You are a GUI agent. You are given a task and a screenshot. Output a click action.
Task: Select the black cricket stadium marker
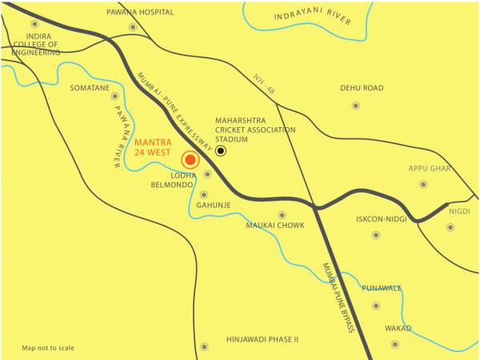221,150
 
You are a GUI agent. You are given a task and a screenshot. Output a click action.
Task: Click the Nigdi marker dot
450,227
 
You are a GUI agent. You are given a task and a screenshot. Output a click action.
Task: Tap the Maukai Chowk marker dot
282,214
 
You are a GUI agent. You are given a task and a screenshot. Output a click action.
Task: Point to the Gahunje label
214,204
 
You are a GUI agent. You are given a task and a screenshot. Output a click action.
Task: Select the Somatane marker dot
114,96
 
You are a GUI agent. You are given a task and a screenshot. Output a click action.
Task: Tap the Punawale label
382,288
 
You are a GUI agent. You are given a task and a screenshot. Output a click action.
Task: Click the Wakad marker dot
394,344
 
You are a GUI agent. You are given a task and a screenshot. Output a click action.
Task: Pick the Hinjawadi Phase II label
262,339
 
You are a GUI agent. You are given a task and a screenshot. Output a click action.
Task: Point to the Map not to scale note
48,348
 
